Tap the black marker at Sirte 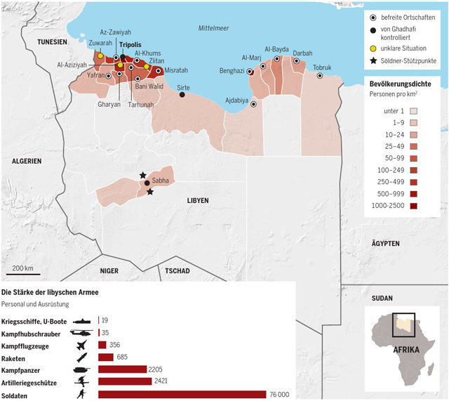pos(182,95)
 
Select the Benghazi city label pos(232,71)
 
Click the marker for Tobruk pos(321,76)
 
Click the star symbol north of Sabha pos(143,175)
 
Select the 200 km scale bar pos(22,273)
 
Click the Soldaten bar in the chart pos(182,394)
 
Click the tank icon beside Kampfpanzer pos(82,369)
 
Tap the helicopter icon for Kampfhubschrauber pos(82,332)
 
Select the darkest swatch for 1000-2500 pos(413,206)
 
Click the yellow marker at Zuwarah pos(100,55)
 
